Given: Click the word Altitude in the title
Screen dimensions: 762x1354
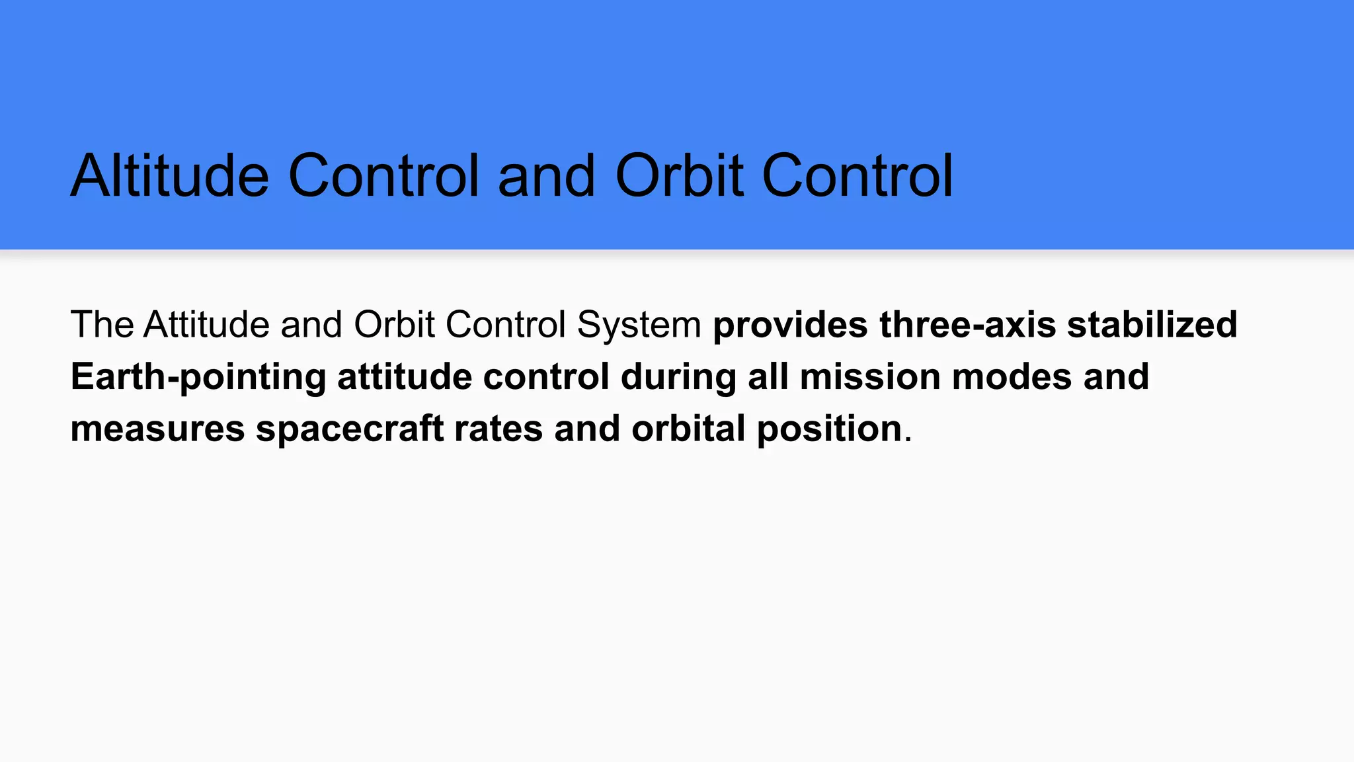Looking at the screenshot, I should click(170, 176).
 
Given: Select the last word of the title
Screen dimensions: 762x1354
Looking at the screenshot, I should click(857, 176).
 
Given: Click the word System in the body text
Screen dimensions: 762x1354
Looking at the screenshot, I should click(639, 325).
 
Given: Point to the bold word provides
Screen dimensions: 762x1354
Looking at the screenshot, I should click(790, 325).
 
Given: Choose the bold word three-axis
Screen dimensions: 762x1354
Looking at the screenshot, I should click(967, 325).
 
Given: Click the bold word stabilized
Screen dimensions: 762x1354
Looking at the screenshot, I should click(1152, 325).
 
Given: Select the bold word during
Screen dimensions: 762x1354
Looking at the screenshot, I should click(678, 377).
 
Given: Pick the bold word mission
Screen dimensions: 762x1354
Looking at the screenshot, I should click(869, 377).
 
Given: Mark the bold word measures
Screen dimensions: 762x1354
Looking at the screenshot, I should click(157, 429).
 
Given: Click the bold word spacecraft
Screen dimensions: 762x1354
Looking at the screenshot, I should click(350, 429).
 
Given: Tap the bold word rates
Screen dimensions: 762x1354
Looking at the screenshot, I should click(498, 429).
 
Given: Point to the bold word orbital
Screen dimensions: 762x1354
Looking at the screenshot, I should click(688, 429).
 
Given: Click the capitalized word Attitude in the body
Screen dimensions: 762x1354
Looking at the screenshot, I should click(206, 325).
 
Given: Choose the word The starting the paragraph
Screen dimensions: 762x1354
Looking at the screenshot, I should click(102, 325).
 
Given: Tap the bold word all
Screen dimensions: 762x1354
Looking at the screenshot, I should click(768, 377).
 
